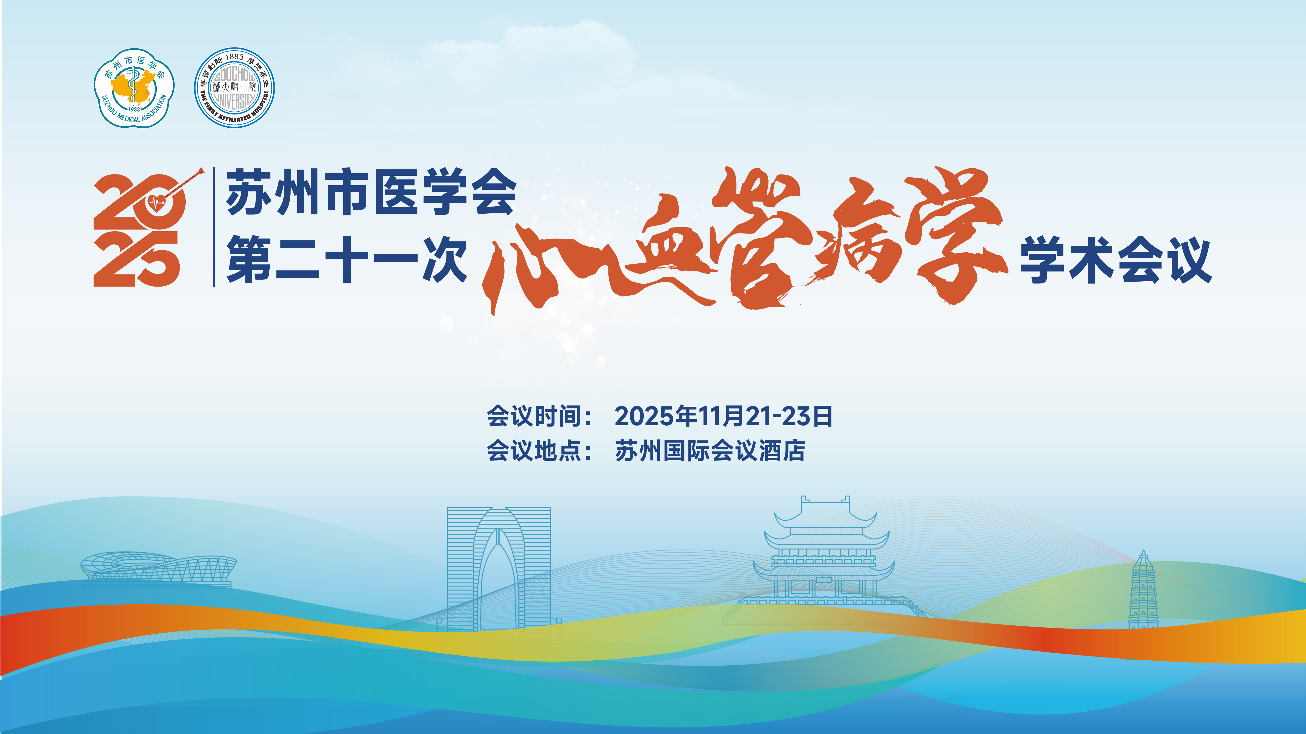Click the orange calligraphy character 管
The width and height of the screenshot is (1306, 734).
click(758, 238)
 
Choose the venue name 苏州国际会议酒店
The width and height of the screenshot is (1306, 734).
click(710, 450)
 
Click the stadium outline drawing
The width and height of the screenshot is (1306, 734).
click(158, 570)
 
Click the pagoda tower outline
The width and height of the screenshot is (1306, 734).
click(1143, 590)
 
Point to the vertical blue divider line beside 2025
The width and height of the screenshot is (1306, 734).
click(214, 226)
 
